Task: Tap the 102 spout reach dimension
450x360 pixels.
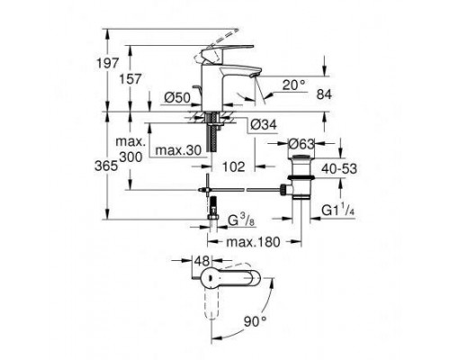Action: pos(232,166)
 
